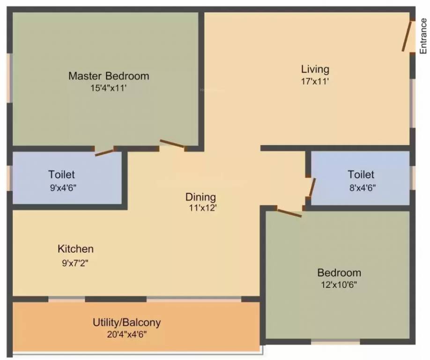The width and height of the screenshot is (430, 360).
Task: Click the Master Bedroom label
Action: [x=109, y=76]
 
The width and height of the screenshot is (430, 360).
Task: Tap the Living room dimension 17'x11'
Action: [x=315, y=82]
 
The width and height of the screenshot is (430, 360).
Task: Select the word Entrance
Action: [x=423, y=36]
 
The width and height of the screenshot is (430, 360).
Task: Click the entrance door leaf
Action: [x=407, y=36]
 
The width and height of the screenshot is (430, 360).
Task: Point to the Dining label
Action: [x=200, y=197]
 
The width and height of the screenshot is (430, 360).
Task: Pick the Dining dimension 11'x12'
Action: [x=203, y=208]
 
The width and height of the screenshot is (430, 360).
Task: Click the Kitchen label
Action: [x=75, y=249]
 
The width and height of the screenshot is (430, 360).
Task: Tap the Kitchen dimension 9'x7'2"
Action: [x=75, y=263]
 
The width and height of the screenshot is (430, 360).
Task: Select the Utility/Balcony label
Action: [x=126, y=322]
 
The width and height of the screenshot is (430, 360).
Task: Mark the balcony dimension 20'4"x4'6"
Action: [x=126, y=335]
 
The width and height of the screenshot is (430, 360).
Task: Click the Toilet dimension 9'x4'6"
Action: [x=63, y=188]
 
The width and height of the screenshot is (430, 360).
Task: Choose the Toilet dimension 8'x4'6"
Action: [x=363, y=188]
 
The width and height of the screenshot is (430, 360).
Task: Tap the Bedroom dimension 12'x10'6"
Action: [x=339, y=285]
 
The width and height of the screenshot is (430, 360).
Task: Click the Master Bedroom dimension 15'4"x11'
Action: [x=109, y=88]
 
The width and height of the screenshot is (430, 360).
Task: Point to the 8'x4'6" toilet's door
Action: [x=312, y=187]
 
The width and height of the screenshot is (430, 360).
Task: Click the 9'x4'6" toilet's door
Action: [x=104, y=153]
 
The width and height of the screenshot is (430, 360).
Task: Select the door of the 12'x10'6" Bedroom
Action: [x=289, y=213]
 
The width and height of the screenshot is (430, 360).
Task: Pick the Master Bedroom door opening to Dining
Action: [x=172, y=143]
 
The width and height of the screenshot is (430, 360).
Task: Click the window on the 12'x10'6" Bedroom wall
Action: [x=335, y=342]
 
